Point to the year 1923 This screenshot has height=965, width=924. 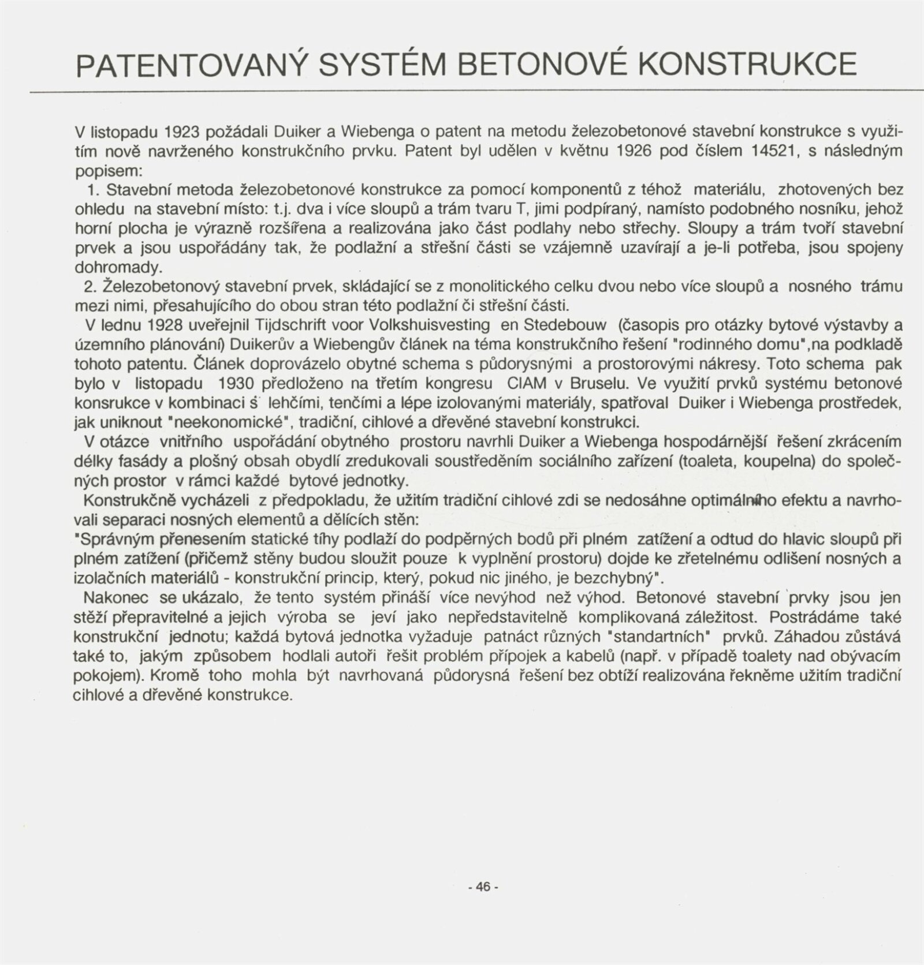tap(182, 132)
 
